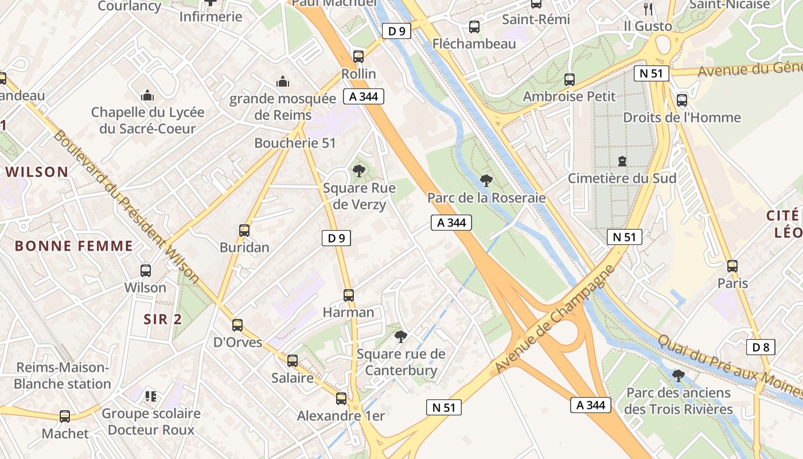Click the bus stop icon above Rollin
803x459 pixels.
click(358, 56)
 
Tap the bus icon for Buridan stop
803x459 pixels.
click(244, 231)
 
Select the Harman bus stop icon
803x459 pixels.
click(349, 295)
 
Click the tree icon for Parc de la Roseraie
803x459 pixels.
click(486, 181)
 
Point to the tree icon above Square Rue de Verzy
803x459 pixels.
click(359, 170)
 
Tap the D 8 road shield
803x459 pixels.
click(761, 347)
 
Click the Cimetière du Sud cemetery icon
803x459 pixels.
click(622, 161)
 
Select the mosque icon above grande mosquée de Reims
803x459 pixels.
click(283, 82)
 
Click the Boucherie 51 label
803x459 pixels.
click(295, 143)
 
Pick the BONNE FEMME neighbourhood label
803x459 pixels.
click(73, 246)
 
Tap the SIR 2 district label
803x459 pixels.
click(163, 320)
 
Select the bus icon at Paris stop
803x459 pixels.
click(732, 266)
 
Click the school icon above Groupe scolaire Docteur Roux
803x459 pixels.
click(151, 396)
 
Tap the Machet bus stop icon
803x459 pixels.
click(65, 417)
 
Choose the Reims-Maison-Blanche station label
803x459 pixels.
click(63, 376)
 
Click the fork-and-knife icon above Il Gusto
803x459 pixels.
click(648, 9)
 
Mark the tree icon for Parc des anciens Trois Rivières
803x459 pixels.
click(678, 376)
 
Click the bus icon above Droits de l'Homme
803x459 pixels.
click(682, 100)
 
